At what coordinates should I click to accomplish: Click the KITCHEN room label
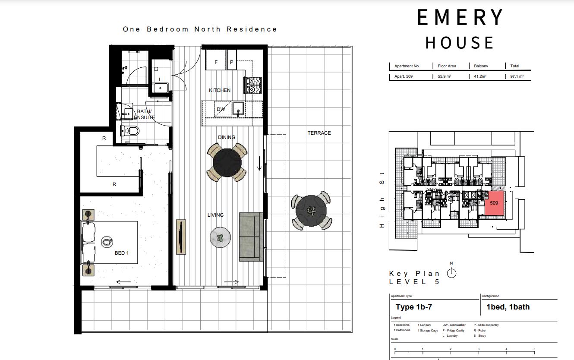coord(220,90)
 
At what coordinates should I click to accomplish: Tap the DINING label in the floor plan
coord(226,137)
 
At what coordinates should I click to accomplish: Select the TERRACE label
coord(319,133)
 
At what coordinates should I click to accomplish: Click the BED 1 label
coord(121,253)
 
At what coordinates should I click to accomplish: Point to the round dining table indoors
coord(227,162)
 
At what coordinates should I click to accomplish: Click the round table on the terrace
coord(311,211)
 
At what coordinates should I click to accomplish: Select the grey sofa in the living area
coord(251,237)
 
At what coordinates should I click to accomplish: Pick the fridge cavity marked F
coord(216,62)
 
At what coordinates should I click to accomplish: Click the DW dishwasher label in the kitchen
coord(221,110)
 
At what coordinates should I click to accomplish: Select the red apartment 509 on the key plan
coord(495,203)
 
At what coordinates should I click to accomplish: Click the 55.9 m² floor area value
coord(445,76)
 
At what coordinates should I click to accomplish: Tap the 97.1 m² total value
coord(517,76)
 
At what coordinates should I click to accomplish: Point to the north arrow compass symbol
coord(451,272)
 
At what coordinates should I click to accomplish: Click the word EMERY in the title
coord(460,18)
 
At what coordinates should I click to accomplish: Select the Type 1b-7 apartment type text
coord(413,307)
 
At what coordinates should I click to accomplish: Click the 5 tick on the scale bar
coord(534,349)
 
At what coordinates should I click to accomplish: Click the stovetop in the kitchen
coord(253,85)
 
